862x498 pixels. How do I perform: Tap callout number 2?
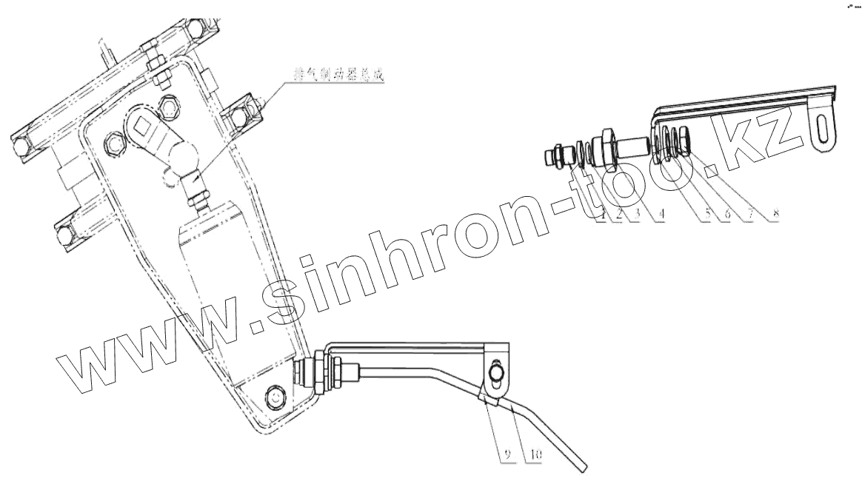click(618, 215)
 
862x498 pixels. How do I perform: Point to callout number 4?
click(661, 215)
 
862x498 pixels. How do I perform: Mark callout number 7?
click(752, 215)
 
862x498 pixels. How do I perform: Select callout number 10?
click(532, 454)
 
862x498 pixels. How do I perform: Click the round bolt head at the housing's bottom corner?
click(275, 397)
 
